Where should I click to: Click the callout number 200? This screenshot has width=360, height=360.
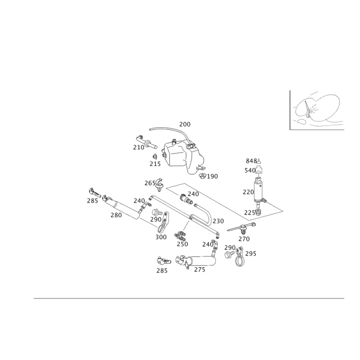click(x=185, y=124)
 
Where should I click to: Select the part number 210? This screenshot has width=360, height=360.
click(x=138, y=147)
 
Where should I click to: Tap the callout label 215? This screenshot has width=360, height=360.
click(x=155, y=164)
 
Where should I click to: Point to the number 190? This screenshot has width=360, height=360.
click(x=212, y=176)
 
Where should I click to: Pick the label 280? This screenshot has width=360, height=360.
click(x=116, y=216)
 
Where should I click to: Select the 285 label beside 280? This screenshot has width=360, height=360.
click(x=93, y=201)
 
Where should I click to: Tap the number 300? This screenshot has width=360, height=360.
click(x=161, y=237)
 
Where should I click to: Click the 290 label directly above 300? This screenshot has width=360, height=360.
click(x=156, y=220)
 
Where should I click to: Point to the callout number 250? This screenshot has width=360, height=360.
click(x=182, y=244)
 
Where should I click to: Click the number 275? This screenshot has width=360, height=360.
click(x=200, y=270)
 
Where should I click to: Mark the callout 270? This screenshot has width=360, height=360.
click(x=244, y=238)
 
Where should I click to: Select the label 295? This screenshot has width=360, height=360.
click(x=251, y=254)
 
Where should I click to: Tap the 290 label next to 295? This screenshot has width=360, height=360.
click(x=230, y=247)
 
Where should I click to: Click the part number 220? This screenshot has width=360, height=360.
click(x=248, y=192)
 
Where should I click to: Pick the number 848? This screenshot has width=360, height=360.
click(x=251, y=161)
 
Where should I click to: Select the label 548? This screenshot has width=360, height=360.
click(x=250, y=171)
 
